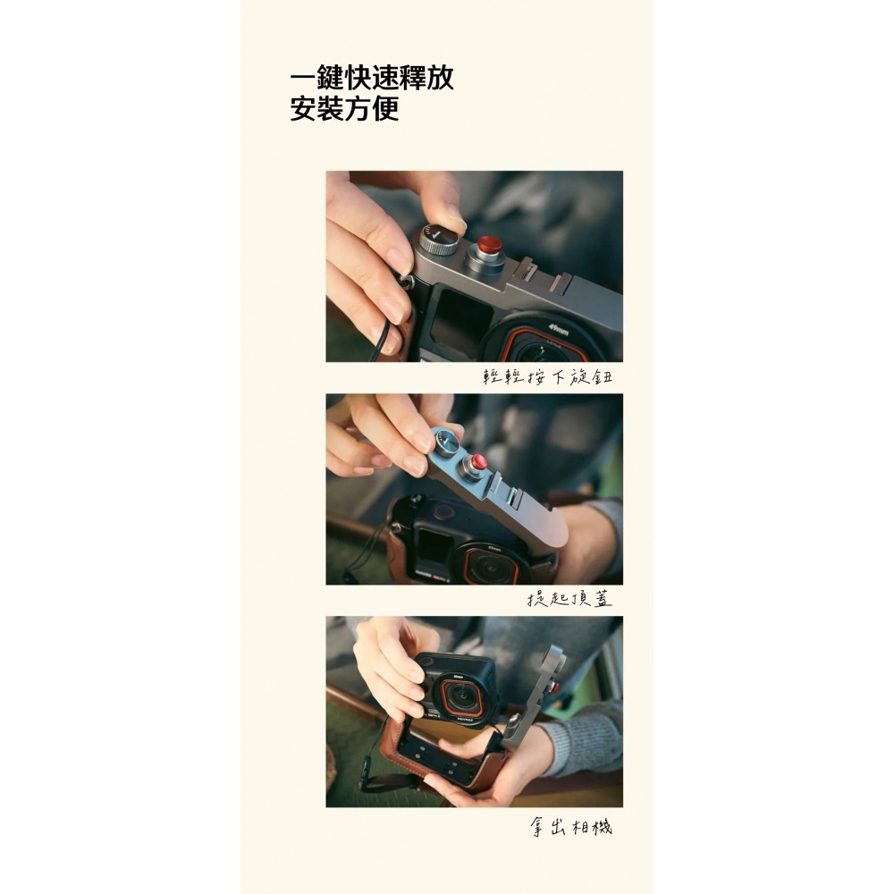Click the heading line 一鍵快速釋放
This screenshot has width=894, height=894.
point(371,78)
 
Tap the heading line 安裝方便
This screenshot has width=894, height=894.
point(344,110)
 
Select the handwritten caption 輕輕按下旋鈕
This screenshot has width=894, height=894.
point(547,377)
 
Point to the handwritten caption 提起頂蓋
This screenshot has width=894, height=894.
point(569,599)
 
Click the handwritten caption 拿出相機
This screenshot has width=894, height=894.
point(569,827)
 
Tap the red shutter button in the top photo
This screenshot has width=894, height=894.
point(488,245)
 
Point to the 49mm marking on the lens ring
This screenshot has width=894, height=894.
point(560,328)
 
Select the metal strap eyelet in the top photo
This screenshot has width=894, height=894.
point(407,283)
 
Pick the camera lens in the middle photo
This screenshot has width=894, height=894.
point(488,565)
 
